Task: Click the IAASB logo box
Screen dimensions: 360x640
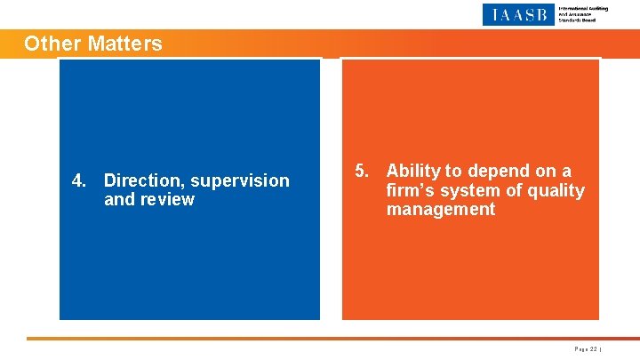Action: tap(517, 14)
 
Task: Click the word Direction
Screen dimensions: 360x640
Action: tap(145, 180)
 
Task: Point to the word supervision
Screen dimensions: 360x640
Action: tap(240, 180)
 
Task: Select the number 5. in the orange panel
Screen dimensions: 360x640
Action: tap(362, 171)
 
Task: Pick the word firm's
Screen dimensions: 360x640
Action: tap(410, 190)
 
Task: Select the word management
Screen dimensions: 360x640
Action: tap(440, 210)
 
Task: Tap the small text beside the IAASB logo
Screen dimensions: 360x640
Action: tap(582, 14)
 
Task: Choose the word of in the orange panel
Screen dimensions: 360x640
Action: tap(513, 190)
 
